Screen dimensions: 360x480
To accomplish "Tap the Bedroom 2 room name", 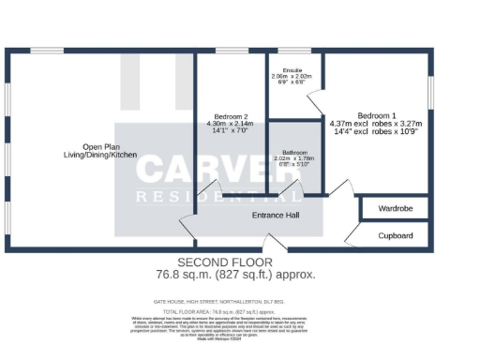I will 225,117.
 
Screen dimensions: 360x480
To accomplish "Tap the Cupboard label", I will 394,236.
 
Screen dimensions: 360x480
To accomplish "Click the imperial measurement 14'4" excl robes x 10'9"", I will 376,131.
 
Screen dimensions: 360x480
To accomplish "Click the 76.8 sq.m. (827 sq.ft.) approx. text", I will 235,275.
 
